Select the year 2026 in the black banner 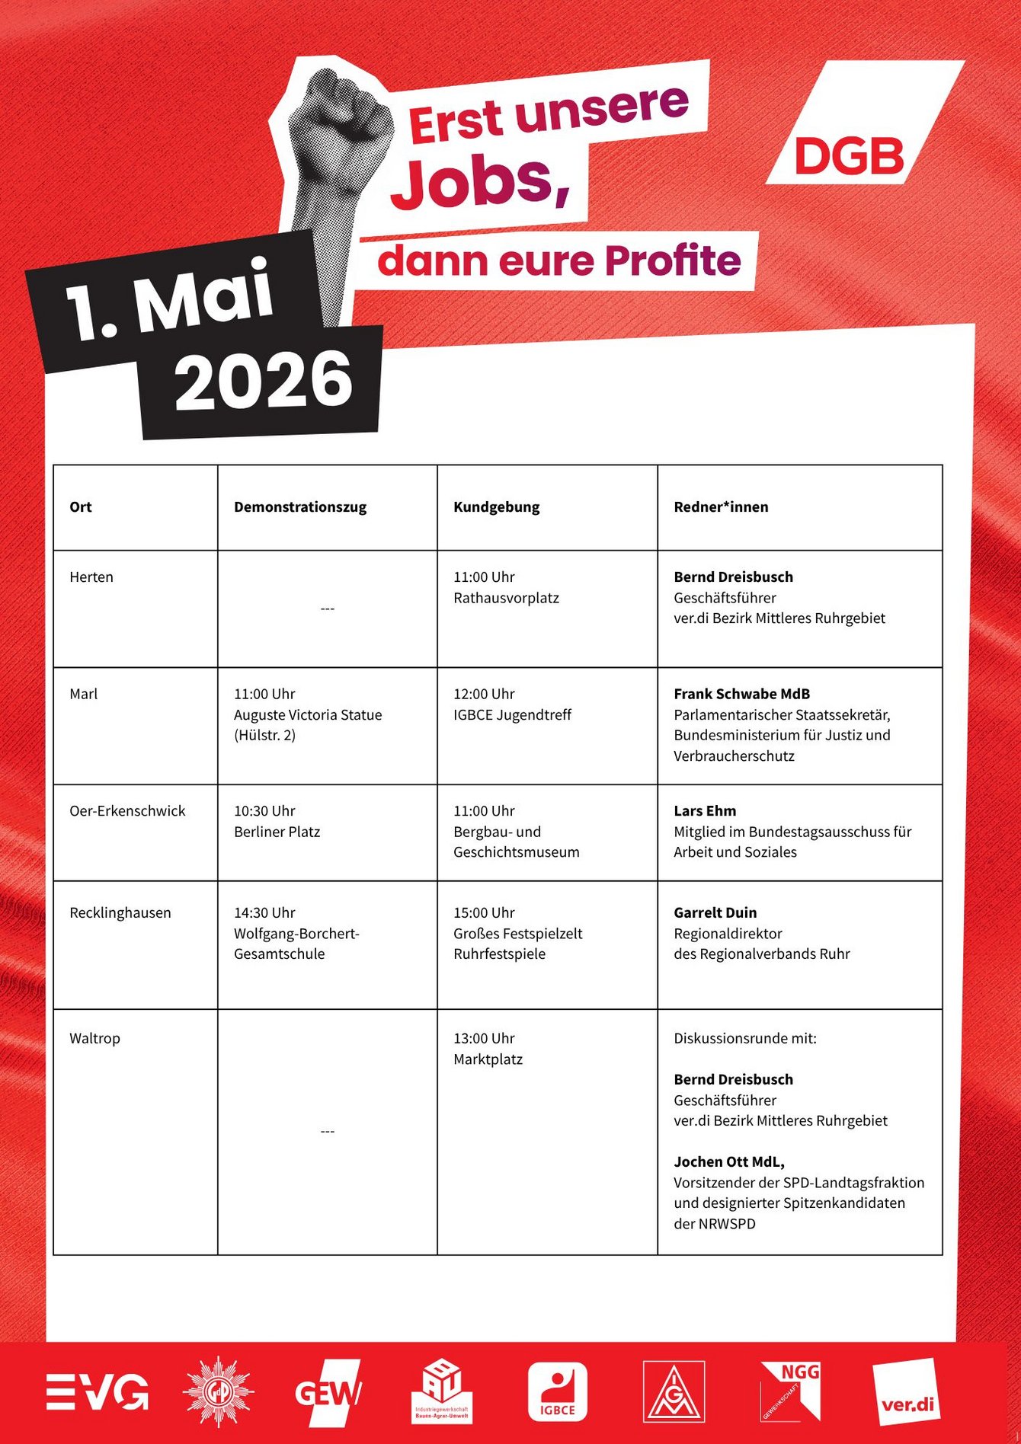[x=263, y=381]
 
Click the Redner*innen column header [x=721, y=507]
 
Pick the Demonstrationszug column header [x=300, y=507]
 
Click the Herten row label [x=91, y=577]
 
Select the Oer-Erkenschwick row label [x=127, y=811]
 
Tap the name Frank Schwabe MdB [x=741, y=694]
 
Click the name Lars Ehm [x=705, y=811]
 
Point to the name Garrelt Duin [x=715, y=912]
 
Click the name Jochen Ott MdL [x=728, y=1161]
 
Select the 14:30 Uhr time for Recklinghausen [x=264, y=912]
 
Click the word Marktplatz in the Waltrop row [x=488, y=1059]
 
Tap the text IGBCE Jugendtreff [x=512, y=715]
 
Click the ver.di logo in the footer [x=907, y=1392]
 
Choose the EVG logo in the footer [x=98, y=1392]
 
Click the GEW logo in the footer [x=328, y=1392]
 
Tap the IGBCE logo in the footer [x=558, y=1392]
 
